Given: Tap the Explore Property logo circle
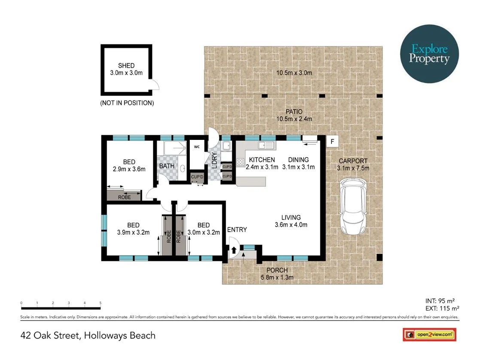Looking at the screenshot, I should pos(429,54).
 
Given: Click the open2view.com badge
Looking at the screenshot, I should pos(429,334).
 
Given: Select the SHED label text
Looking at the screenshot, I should pos(126,66).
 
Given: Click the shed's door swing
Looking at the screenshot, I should pos(155,85).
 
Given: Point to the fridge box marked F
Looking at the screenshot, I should pos(331,141).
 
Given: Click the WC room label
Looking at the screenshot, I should pos(197,146).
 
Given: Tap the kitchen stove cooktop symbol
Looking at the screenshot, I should pos(241,162).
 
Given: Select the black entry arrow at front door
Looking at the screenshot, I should pos(234,250).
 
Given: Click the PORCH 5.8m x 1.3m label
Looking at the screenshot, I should pos(277,274).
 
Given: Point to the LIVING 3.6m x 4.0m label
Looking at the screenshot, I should pos(291,221).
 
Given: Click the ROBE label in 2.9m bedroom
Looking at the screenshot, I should pos(125,197).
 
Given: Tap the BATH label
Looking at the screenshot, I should pos(167,166).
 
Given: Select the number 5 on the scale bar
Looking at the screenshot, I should pos(100,303).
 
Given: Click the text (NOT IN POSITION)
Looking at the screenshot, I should pos(127,103).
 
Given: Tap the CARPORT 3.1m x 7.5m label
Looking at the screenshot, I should pos(353,164).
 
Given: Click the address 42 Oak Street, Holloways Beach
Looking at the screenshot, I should pos(88,335).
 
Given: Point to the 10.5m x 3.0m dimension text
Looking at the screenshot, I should pos(294,73).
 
